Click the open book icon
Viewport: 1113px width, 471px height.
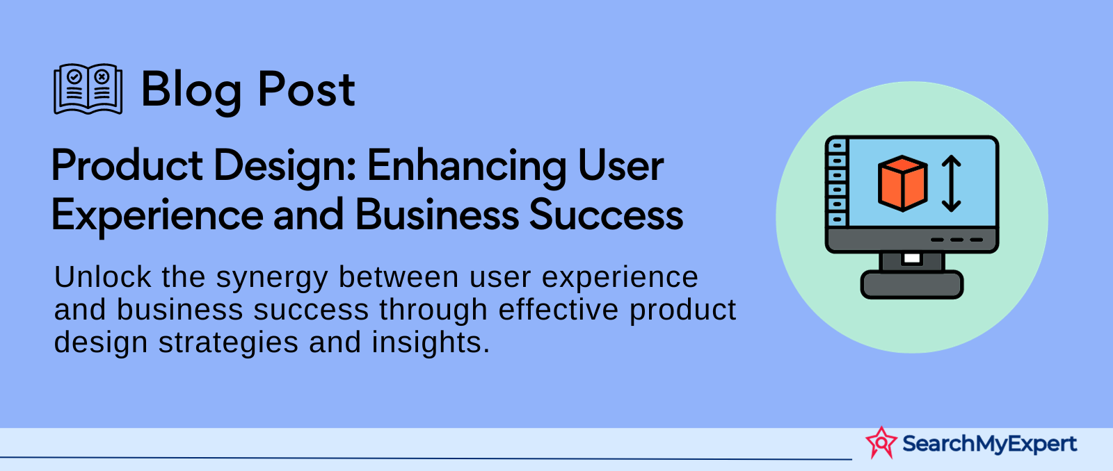coord(88,89)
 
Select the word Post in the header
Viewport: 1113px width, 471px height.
coord(307,89)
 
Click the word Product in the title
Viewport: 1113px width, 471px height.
coord(127,165)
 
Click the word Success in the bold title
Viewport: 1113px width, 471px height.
coord(606,215)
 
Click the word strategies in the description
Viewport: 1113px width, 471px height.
coord(229,343)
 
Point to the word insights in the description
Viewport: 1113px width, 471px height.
coord(431,343)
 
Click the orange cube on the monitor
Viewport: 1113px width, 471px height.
coord(903,183)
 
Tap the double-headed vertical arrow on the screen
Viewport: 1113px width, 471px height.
coord(951,183)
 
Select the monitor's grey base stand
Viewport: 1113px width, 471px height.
coord(912,284)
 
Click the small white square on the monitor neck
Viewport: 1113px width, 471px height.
coord(912,258)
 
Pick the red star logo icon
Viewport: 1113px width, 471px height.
coord(881,443)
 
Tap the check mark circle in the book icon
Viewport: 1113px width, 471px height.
coord(74,76)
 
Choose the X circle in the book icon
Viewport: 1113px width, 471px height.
coord(102,77)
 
